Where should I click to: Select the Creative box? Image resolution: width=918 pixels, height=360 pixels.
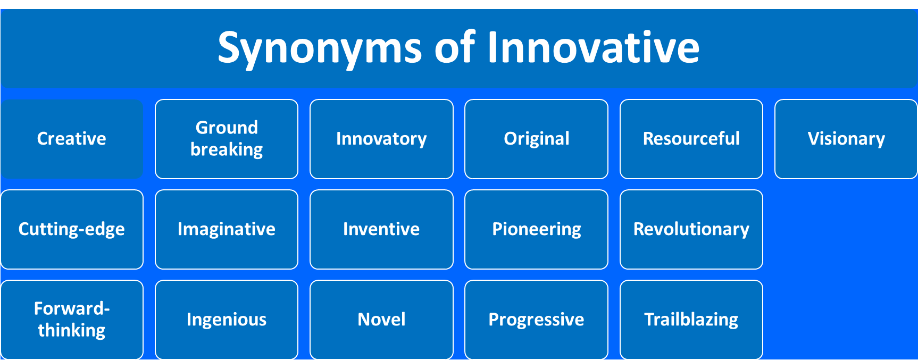coord(72,139)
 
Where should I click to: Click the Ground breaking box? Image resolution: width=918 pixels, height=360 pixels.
coord(227,139)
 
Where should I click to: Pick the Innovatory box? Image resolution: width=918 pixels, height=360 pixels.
coord(381,139)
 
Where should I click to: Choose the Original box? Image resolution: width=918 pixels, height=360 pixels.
coord(536,139)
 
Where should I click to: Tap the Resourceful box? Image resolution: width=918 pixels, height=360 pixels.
coord(691,139)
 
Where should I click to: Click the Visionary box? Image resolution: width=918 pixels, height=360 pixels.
coord(846,139)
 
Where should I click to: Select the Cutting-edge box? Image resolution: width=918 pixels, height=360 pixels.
coord(72,229)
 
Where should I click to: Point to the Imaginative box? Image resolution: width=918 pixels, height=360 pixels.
coord(227,229)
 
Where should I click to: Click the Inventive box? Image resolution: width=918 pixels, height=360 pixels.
coord(381,229)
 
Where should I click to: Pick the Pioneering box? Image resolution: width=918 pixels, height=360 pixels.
coord(536,229)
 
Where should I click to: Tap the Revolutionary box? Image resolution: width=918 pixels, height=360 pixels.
coord(691,229)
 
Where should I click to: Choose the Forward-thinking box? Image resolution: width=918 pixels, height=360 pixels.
coord(72,320)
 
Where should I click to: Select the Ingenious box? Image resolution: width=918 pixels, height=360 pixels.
coord(227,320)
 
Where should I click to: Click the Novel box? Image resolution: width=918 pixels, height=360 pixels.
coord(381,320)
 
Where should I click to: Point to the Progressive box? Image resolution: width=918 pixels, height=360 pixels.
coord(536,320)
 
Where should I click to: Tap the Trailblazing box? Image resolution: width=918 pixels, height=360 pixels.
coord(691,320)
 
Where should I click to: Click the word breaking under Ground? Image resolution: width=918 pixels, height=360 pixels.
coord(227,150)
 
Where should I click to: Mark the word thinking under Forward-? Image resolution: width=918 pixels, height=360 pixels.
coord(72,331)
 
